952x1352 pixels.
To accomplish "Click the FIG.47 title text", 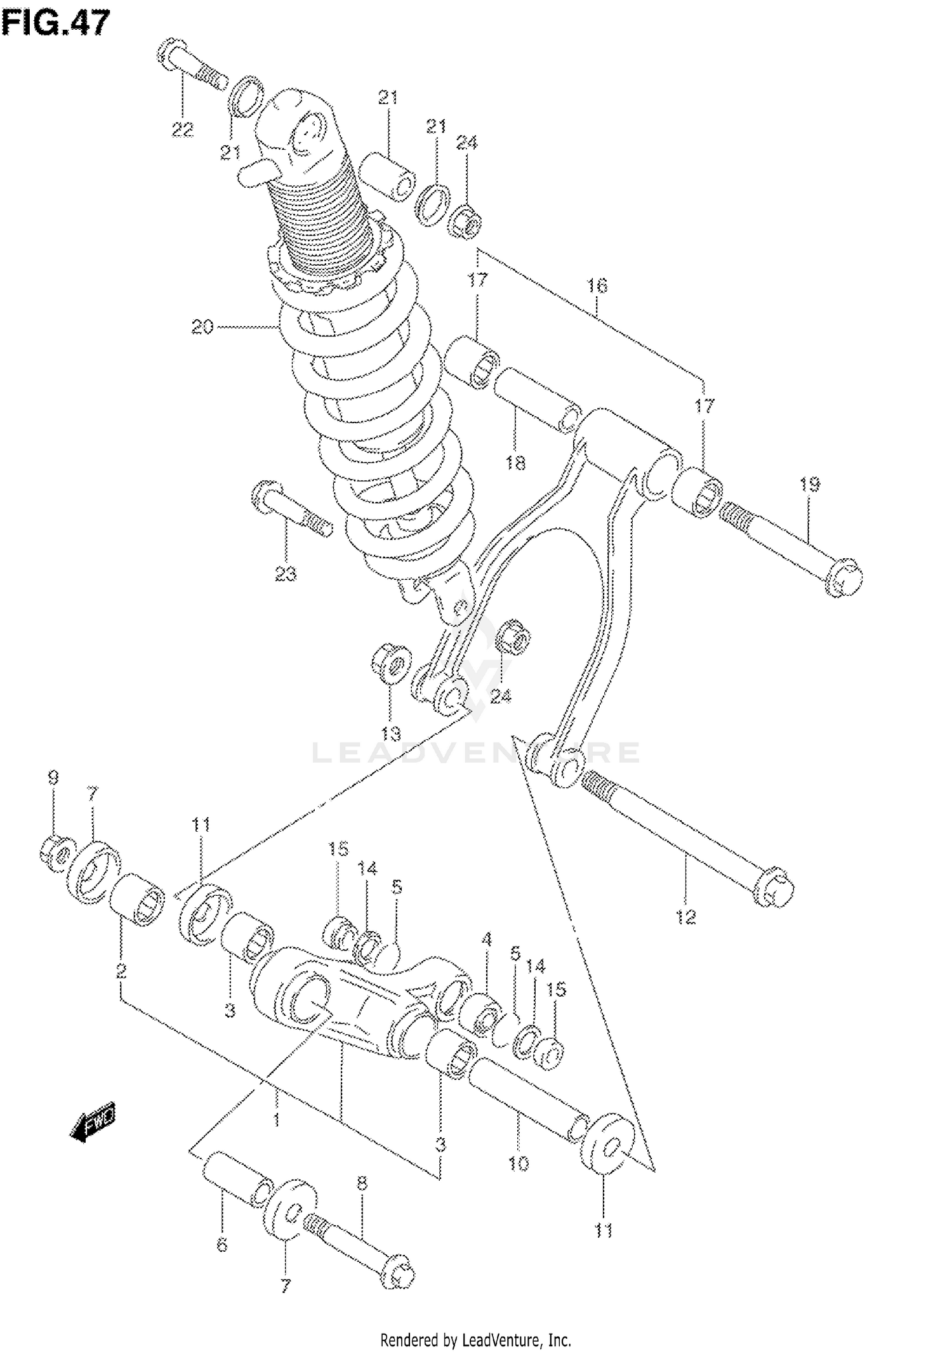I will coord(56,23).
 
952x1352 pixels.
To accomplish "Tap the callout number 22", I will coord(182,130).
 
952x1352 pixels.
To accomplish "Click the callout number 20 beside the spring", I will coord(202,327).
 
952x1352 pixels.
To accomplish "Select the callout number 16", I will coord(597,285).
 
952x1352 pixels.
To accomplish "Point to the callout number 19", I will coord(809,485).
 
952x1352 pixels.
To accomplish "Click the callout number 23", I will coord(286,575).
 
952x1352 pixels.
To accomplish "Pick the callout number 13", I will coord(391,734).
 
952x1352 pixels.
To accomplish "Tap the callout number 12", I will coord(686,917).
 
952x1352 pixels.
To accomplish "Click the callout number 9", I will coord(53,778).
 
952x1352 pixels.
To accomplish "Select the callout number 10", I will coord(519,1164).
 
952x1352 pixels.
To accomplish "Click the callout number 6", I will coord(221,1245).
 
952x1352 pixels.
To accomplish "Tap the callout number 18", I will coord(515,463).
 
